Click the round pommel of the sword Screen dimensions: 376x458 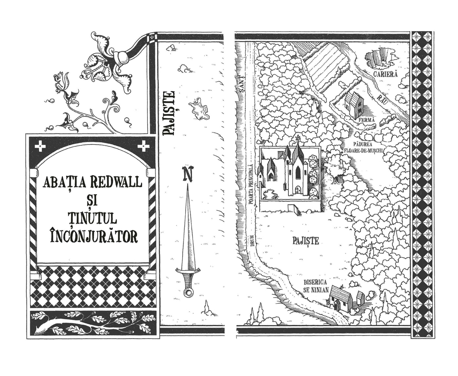point(188,292)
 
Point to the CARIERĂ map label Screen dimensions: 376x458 point(385,74)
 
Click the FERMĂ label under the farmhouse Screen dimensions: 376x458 point(366,120)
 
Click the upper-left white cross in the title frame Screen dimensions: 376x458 point(40,146)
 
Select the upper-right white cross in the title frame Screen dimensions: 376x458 point(144,146)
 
